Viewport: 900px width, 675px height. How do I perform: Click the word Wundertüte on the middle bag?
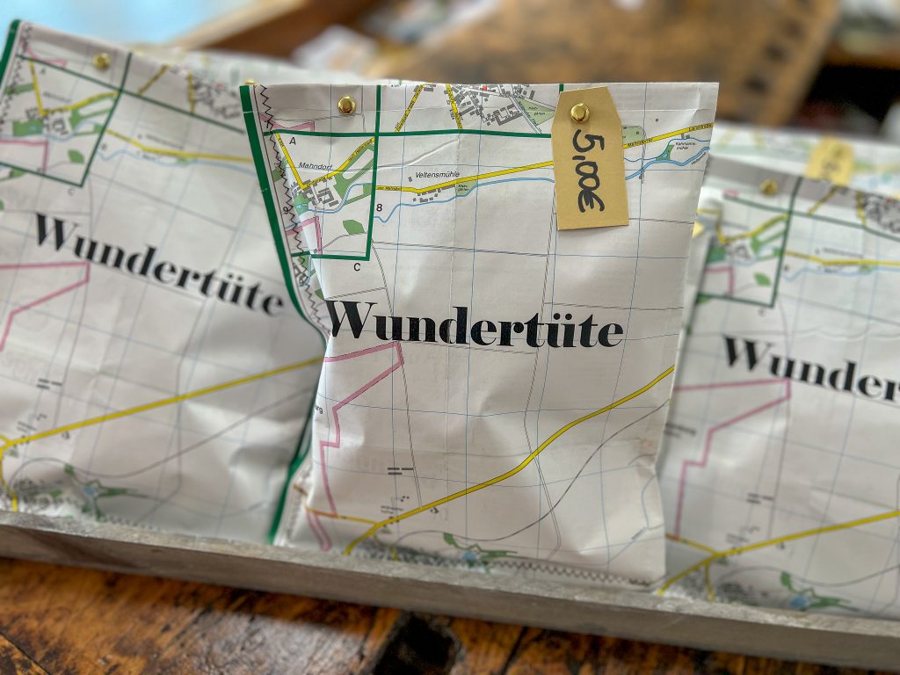click(x=475, y=324)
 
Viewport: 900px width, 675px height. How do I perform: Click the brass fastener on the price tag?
click(x=579, y=112)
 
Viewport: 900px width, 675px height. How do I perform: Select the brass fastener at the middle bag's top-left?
click(x=346, y=105)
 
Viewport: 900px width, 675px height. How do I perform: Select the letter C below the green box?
click(x=357, y=266)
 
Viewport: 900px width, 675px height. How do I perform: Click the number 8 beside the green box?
click(x=378, y=208)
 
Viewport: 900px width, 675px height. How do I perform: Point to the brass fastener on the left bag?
click(x=102, y=61)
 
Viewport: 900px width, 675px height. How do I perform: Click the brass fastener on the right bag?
click(x=769, y=186)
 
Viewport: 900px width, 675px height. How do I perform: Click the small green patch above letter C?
click(x=352, y=227)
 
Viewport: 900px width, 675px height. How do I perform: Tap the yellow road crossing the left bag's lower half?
click(x=158, y=404)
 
